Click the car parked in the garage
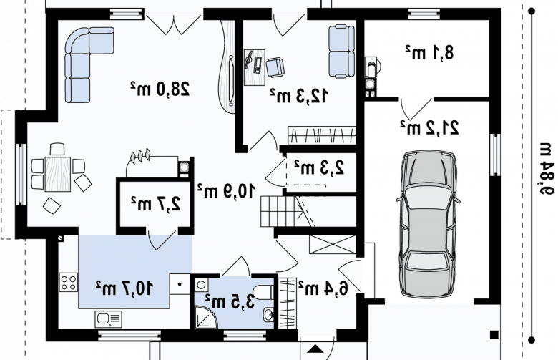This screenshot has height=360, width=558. point(428,223)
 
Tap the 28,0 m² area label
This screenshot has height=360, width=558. point(160,89)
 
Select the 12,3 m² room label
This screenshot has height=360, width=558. point(299,95)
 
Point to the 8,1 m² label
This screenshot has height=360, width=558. point(429,52)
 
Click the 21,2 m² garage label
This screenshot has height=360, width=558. point(429,127)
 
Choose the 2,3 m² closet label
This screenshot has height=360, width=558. point(319,167)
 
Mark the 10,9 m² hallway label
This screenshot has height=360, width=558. point(226,190)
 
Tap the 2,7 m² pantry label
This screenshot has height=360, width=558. point(155,204)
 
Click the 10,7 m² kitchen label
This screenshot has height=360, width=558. point(124,288)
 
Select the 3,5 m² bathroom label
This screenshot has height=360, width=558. point(230,301)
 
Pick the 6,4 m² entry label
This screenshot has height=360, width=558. point(323,288)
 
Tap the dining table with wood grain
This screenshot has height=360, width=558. point(58,174)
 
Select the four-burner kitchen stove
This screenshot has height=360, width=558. point(69,282)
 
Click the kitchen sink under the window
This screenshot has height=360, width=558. point(108,318)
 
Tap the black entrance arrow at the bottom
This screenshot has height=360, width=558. point(315,349)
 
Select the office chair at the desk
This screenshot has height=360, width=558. point(275,67)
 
